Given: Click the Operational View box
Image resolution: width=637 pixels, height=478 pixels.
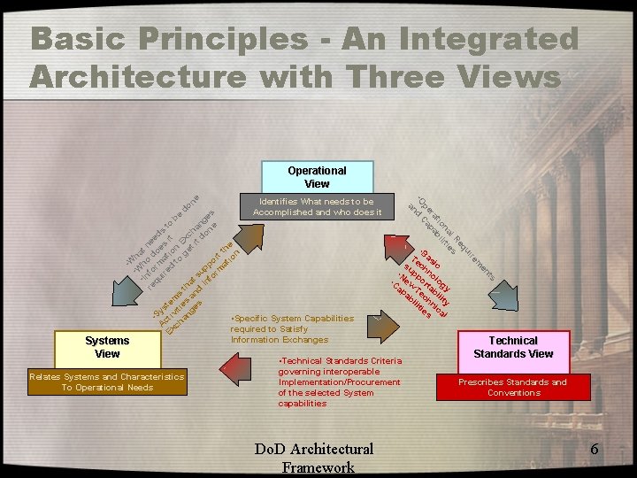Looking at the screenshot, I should tap(317, 176).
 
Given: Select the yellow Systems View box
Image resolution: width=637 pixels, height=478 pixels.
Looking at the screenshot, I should tap(106, 346).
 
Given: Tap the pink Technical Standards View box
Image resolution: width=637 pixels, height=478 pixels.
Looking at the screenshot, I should tap(513, 347).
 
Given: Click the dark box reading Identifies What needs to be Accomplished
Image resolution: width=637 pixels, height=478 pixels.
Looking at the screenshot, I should tap(317, 206).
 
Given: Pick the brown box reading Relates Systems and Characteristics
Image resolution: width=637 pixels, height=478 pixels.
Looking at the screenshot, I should tap(106, 382).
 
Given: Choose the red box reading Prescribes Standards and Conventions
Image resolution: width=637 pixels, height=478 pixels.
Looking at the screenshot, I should tap(513, 387).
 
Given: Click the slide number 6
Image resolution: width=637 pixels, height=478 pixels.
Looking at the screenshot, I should tap(595, 450).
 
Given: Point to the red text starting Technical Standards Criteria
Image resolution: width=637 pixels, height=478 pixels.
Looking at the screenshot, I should tap(339, 382).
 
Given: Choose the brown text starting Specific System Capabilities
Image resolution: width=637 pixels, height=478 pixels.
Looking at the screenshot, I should tap(292, 328).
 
